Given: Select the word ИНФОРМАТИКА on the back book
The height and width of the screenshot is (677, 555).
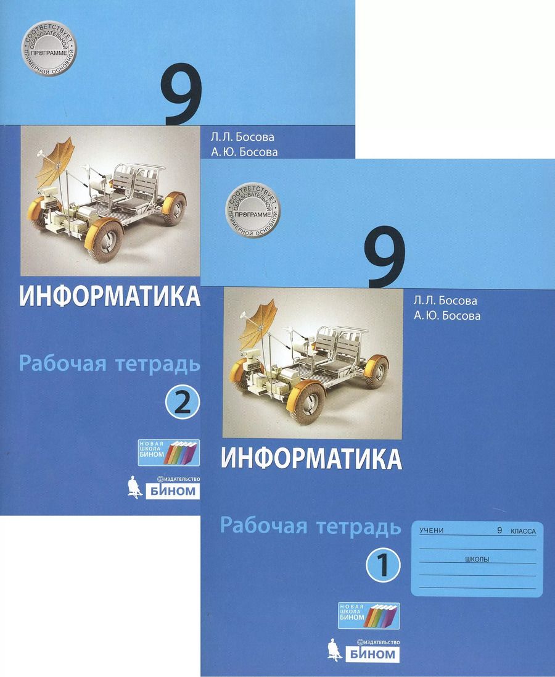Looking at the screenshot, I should click(110, 297).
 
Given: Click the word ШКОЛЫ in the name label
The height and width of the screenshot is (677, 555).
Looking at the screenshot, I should click(475, 559).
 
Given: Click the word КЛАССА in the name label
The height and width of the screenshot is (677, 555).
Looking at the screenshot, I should click(522, 531).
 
